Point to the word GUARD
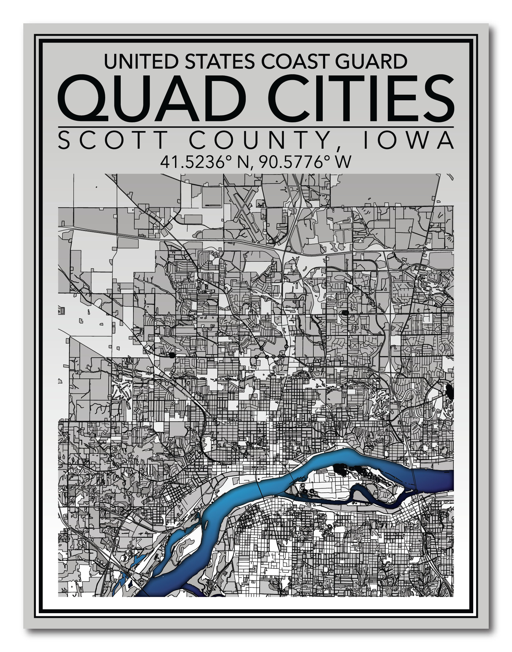pyautogui.click(x=371, y=61)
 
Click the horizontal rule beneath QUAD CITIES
pyautogui.click(x=256, y=127)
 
